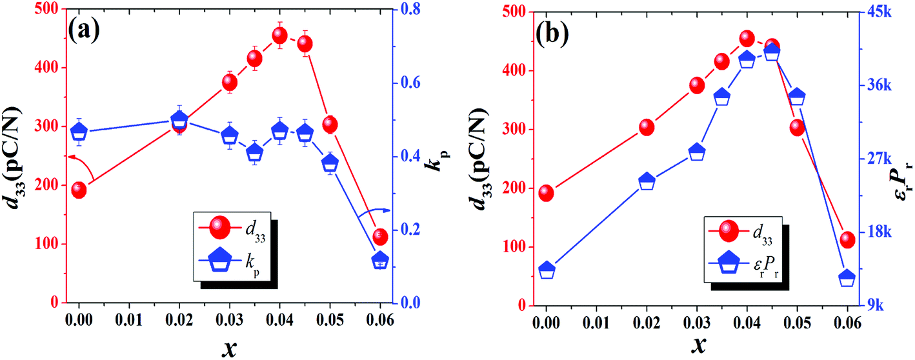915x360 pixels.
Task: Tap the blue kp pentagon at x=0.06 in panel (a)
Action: click(x=381, y=260)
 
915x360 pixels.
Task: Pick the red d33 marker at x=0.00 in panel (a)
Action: click(x=79, y=190)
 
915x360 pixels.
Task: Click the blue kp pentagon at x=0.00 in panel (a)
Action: click(x=79, y=132)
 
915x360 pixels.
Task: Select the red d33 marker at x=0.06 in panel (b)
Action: click(x=847, y=240)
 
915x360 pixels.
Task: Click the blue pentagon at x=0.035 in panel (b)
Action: click(x=721, y=97)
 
